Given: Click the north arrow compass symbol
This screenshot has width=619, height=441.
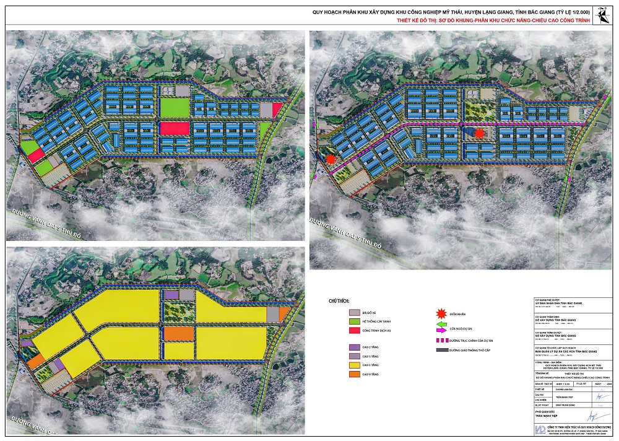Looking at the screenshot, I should [601, 14].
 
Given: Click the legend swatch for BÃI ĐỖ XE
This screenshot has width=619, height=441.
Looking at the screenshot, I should [354, 313].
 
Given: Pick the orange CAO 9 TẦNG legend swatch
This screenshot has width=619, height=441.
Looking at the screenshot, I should [354, 374].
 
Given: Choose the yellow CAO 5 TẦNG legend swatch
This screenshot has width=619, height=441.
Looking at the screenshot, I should [354, 365].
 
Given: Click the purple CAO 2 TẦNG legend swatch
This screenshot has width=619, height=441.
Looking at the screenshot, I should [354, 347].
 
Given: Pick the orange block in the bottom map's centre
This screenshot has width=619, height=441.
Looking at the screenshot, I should [179, 333].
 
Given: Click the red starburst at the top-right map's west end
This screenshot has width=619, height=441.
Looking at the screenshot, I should [331, 159].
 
